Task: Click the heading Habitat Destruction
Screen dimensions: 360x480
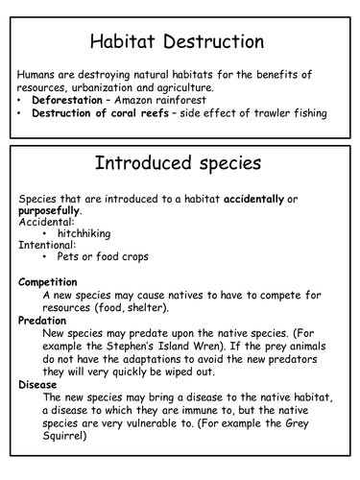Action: coord(180,41)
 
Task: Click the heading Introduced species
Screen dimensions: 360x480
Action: coord(180,163)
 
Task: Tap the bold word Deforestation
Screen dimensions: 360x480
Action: coord(70,100)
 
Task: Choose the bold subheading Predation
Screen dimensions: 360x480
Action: coord(43,320)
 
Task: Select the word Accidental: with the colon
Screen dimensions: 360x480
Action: coord(46,222)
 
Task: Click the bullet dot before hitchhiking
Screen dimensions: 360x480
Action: coord(47,234)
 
